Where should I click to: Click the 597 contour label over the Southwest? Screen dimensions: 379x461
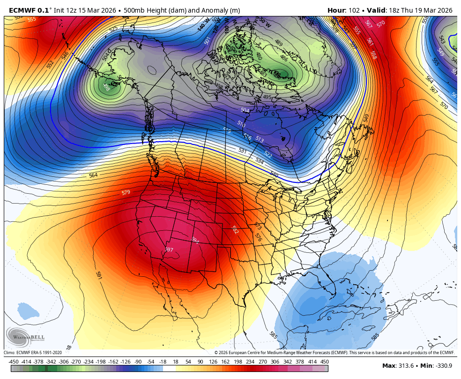pos(169,250)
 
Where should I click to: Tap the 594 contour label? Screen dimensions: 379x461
pos(195,240)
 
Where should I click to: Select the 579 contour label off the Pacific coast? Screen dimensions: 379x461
pos(126,192)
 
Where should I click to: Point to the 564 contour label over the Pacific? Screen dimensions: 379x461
pos(93,175)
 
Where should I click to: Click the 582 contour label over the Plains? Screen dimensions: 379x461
pos(235,229)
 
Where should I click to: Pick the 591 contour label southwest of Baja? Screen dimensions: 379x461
pos(99,275)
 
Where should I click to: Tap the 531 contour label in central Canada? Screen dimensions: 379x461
pos(242,151)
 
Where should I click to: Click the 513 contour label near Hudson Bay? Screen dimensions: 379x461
pos(260,140)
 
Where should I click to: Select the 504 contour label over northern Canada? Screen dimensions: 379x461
pos(245,110)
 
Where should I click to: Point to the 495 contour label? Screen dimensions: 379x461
pos(267,97)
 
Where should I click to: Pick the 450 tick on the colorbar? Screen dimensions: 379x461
pos(324,362)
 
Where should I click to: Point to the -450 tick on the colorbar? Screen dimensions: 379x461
pos(14,362)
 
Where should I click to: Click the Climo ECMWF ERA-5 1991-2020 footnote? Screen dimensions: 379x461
pos(33,353)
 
